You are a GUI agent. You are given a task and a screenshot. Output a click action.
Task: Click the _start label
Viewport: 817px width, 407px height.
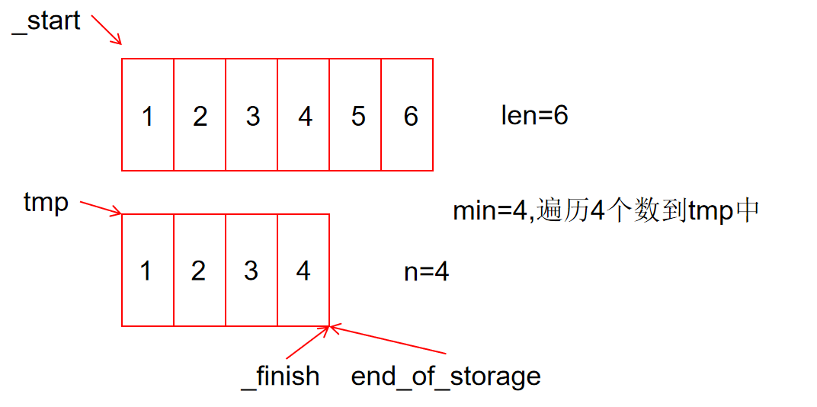46,21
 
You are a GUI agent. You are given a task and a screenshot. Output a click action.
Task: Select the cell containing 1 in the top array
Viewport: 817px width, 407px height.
148,115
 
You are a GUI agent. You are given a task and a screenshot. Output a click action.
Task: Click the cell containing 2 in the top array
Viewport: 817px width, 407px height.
200,115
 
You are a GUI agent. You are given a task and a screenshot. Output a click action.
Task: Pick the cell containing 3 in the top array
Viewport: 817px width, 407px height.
252,115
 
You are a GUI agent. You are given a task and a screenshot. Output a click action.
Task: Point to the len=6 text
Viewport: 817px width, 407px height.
534,115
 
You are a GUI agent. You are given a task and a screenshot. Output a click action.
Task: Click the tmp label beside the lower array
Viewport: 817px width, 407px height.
46,203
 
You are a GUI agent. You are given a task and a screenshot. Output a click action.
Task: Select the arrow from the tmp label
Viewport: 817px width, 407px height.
101,208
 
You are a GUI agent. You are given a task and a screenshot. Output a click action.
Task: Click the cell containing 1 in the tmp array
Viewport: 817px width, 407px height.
148,271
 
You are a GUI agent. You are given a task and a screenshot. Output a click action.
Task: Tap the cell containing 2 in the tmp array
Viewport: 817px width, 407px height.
200,271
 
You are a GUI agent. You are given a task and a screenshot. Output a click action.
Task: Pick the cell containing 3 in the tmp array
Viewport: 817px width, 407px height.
252,271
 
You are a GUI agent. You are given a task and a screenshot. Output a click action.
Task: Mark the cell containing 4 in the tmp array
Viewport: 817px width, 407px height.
303,271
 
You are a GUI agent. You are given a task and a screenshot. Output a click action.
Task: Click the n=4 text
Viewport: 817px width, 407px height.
426,272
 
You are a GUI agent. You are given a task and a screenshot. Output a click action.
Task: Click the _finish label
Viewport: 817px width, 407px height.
280,376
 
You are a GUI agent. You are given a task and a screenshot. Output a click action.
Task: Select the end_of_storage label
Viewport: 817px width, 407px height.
446,376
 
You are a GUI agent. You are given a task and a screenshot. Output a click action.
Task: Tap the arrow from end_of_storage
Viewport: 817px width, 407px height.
389,341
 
